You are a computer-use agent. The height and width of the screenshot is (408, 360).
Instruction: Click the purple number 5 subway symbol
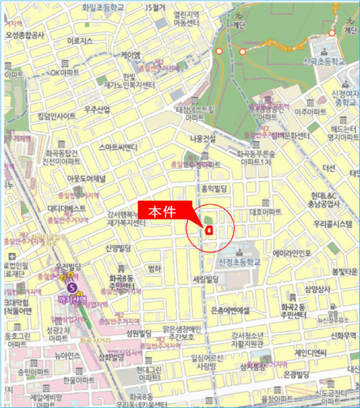[72, 287]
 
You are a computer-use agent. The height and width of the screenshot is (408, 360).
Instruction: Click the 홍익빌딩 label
[213, 188]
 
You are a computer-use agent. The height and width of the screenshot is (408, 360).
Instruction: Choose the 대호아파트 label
[265, 212]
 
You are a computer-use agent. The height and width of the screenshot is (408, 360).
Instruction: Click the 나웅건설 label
[203, 138]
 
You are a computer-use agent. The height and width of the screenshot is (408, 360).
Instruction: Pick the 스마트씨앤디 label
[118, 147]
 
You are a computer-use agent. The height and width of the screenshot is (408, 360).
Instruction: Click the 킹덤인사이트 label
[53, 116]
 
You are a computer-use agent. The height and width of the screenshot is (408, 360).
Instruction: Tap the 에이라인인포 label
[292, 254]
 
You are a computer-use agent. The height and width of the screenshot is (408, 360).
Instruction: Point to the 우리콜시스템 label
[333, 224]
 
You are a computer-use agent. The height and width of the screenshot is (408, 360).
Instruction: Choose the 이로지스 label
[81, 41]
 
